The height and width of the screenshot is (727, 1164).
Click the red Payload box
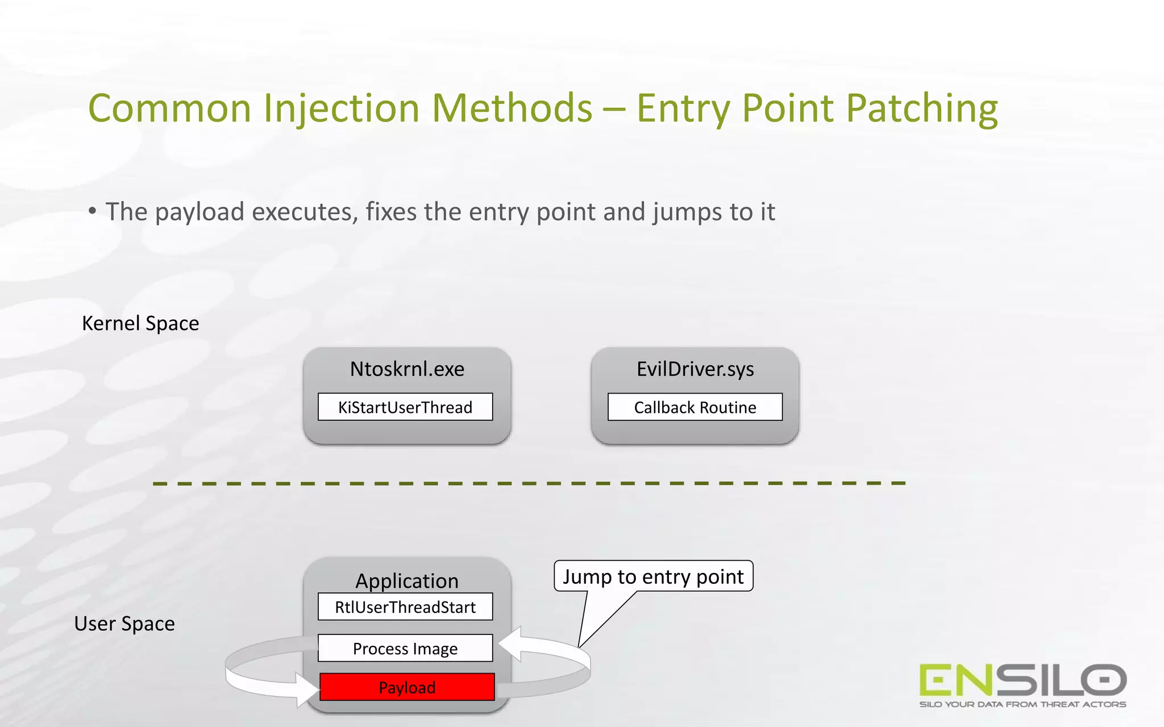pyautogui.click(x=407, y=687)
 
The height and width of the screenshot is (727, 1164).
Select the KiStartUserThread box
pyautogui.click(x=405, y=407)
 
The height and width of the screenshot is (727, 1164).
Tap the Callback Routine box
pyautogui.click(x=695, y=407)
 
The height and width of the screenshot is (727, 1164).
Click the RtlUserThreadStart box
pyautogui.click(x=405, y=607)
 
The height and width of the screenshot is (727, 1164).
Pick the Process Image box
pyautogui.click(x=405, y=649)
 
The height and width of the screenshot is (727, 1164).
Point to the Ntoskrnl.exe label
pyautogui.click(x=407, y=369)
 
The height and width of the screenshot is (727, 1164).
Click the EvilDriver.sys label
pyautogui.click(x=695, y=369)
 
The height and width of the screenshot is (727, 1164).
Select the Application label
pyautogui.click(x=407, y=580)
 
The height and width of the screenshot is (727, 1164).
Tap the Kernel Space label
pyautogui.click(x=140, y=323)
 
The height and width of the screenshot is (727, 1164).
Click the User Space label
pyautogui.click(x=124, y=624)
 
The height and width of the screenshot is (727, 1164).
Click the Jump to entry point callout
pyautogui.click(x=653, y=576)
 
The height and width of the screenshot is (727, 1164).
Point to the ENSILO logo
pyautogui.click(x=1022, y=680)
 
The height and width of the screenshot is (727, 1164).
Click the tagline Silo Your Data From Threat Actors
pyautogui.click(x=1022, y=705)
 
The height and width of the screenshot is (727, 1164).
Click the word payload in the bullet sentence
pyautogui.click(x=199, y=212)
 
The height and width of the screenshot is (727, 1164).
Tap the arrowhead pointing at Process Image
pyautogui.click(x=510, y=644)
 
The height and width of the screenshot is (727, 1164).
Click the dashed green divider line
pyautogui.click(x=529, y=483)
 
